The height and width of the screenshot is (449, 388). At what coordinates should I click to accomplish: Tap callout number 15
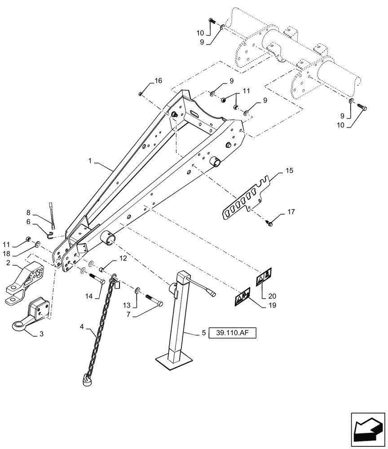[289, 171]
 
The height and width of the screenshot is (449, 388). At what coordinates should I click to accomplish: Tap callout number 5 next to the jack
[203, 333]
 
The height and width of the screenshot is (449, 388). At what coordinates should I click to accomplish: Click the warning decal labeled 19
[243, 296]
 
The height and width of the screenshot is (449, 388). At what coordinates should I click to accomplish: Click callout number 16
[158, 81]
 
